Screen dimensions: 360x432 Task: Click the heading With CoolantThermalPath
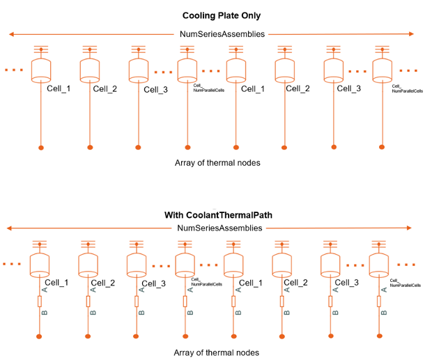[218, 214]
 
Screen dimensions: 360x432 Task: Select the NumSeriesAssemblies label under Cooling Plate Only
[222, 33]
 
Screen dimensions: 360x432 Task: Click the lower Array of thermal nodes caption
[216, 352]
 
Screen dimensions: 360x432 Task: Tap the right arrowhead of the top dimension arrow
[412, 33]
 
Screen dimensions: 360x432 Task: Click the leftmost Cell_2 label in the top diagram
[105, 88]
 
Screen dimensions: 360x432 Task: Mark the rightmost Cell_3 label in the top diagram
[349, 88]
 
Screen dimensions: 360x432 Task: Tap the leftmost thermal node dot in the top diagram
[41, 148]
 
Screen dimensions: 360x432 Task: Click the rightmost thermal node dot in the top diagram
[382, 148]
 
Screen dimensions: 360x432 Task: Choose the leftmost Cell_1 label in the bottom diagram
[57, 283]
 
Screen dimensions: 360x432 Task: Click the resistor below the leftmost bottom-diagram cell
[40, 302]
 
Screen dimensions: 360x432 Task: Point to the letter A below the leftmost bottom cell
[45, 289]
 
